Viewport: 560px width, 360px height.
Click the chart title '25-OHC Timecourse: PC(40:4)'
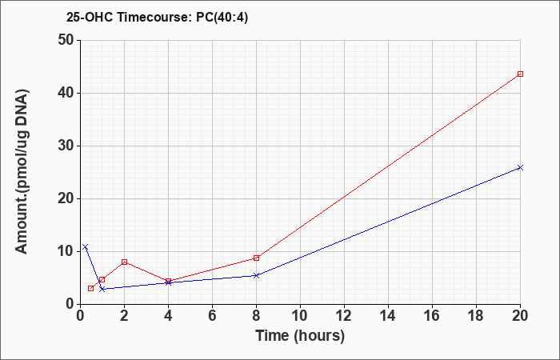[x=157, y=18]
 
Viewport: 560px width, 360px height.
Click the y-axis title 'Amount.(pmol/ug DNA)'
[x=22, y=171]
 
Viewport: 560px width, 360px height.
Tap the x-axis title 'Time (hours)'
[x=300, y=336]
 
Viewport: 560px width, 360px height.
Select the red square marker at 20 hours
[x=520, y=74]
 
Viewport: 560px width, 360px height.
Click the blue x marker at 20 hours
[x=520, y=167]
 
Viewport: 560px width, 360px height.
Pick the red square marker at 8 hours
[x=257, y=258]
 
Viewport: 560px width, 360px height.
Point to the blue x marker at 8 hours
[x=257, y=275]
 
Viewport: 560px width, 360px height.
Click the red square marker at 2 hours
[x=124, y=262]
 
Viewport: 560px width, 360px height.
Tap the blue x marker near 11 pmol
[x=85, y=246]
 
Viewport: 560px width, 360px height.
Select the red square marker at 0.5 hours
[x=90, y=288]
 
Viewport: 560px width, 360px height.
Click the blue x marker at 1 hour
[x=102, y=289]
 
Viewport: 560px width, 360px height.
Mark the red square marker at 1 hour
[x=102, y=280]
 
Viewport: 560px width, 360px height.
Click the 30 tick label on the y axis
[x=66, y=146]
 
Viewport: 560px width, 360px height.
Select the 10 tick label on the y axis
[x=66, y=252]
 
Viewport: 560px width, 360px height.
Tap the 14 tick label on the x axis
[x=388, y=316]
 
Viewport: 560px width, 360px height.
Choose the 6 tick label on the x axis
[x=213, y=316]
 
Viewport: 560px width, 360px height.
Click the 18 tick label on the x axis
[x=476, y=316]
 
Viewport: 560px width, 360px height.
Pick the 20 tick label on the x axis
[x=520, y=316]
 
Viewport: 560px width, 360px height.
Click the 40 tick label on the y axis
[x=66, y=94]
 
